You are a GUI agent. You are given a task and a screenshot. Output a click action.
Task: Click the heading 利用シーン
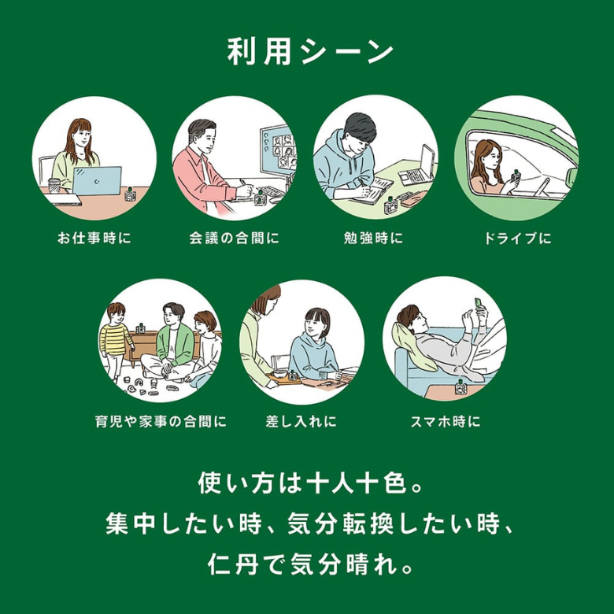310,51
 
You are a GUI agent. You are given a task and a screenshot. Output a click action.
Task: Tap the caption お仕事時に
94,238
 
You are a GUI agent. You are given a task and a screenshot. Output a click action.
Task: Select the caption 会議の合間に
234,238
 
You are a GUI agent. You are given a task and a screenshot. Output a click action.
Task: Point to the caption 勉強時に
373,238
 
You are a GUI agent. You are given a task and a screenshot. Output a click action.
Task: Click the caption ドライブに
517,238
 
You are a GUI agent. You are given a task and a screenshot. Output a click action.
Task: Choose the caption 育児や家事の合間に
161,421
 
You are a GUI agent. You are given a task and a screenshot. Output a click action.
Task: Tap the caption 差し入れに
301,421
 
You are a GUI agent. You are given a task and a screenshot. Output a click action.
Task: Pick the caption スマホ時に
446,421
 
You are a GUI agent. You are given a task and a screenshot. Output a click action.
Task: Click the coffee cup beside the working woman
54,186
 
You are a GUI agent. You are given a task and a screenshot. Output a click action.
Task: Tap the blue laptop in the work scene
97,180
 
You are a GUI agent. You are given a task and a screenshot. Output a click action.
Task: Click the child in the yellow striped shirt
114,341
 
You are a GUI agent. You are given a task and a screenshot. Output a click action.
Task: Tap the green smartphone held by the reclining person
478,303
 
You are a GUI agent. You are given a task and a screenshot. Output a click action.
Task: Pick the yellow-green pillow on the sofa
411,347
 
